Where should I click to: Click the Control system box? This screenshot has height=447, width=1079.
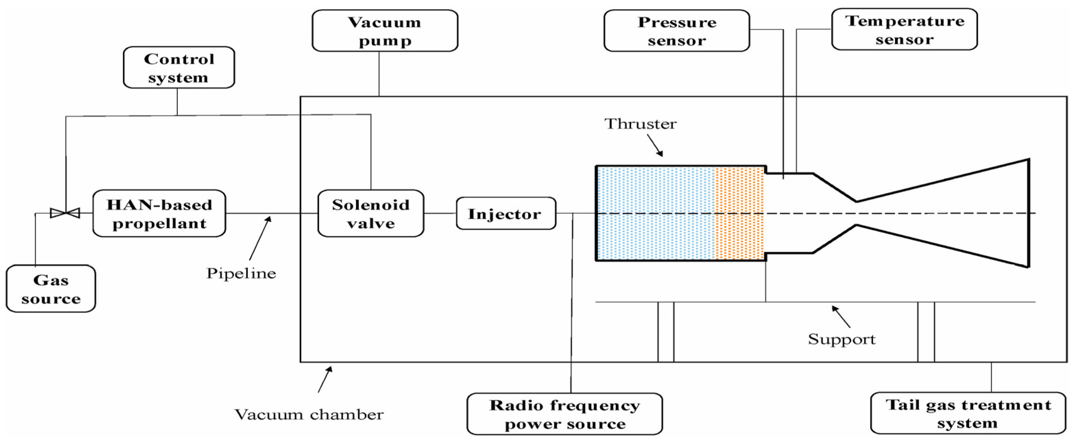click(x=179, y=67)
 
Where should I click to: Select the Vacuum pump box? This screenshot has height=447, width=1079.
click(x=385, y=31)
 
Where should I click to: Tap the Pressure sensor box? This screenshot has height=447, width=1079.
click(x=677, y=31)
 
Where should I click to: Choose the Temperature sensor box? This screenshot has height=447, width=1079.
click(x=905, y=29)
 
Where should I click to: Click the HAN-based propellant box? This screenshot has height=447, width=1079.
click(x=159, y=214)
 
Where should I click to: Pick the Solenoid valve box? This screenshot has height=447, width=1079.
click(x=371, y=214)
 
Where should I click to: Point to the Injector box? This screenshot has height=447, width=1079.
click(x=506, y=214)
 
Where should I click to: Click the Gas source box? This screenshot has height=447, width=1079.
click(x=51, y=289)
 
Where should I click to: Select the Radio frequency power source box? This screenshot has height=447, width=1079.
click(x=565, y=414)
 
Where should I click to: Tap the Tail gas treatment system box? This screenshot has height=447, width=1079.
click(x=968, y=413)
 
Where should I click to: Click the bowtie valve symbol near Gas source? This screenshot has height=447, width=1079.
click(x=65, y=213)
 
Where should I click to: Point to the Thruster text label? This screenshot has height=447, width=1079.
click(x=641, y=124)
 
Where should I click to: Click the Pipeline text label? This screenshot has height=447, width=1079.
click(x=241, y=273)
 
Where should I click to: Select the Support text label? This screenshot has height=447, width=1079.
click(x=842, y=339)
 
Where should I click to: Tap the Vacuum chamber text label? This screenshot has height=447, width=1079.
click(x=309, y=414)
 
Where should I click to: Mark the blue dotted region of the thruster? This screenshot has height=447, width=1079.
click(x=656, y=214)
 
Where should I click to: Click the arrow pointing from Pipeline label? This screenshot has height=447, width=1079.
click(x=260, y=238)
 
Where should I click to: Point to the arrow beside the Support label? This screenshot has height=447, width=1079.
click(x=841, y=316)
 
